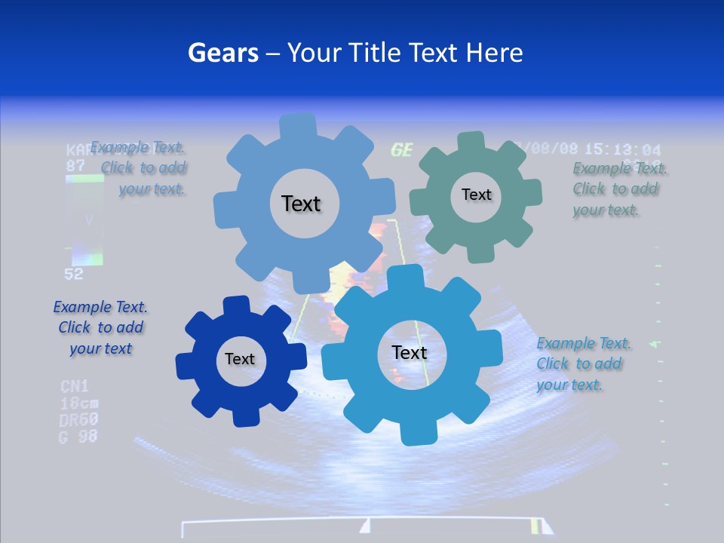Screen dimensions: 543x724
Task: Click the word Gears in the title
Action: point(222,53)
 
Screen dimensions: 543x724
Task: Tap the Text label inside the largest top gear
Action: point(301,204)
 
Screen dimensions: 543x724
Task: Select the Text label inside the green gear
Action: point(476,195)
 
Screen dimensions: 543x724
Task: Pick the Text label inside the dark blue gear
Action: point(240,360)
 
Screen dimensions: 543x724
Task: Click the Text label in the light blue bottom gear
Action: point(410,353)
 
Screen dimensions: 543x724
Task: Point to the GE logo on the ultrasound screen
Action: point(402,150)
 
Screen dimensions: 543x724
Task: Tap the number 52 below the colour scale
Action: point(74,275)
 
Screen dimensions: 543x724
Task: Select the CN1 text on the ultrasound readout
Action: point(75,387)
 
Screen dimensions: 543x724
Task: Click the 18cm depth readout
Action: point(79,403)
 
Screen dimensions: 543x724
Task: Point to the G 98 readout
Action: point(78,436)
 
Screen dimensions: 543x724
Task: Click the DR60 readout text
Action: point(79,419)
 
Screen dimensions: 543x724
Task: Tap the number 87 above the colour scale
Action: point(75,165)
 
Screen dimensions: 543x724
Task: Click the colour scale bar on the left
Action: point(84,220)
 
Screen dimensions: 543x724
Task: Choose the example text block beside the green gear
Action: point(615,189)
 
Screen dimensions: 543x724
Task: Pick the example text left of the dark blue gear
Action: point(100,328)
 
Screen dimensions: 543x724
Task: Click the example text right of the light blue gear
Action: point(583,364)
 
